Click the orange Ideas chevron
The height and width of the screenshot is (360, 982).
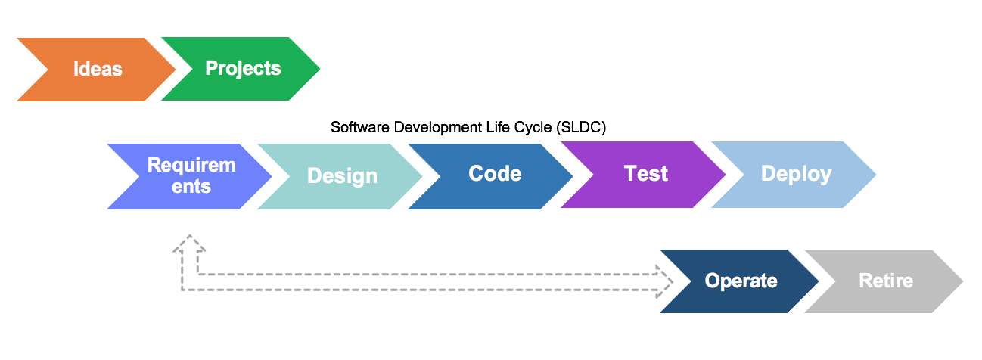[97, 69]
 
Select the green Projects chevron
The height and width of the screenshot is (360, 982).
[242, 69]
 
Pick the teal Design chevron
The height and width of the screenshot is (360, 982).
[342, 175]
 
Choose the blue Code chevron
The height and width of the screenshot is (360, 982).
[495, 174]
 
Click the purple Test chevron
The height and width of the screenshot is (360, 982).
[645, 174]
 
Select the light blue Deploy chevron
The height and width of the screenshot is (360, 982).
[796, 174]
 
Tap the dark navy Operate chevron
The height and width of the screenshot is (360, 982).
[741, 281]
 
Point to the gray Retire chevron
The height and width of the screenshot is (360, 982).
[886, 281]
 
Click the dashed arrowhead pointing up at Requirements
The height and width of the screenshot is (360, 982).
[189, 244]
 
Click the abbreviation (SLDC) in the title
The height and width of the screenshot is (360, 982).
[581, 127]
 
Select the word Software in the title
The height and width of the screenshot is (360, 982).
[359, 127]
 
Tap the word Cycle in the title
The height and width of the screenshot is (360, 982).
[532, 127]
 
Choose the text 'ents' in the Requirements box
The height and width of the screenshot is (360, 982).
[191, 186]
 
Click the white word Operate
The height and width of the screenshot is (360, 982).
[741, 281]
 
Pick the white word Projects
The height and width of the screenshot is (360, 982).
[242, 69]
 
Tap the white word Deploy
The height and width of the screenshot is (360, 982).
[796, 174]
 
